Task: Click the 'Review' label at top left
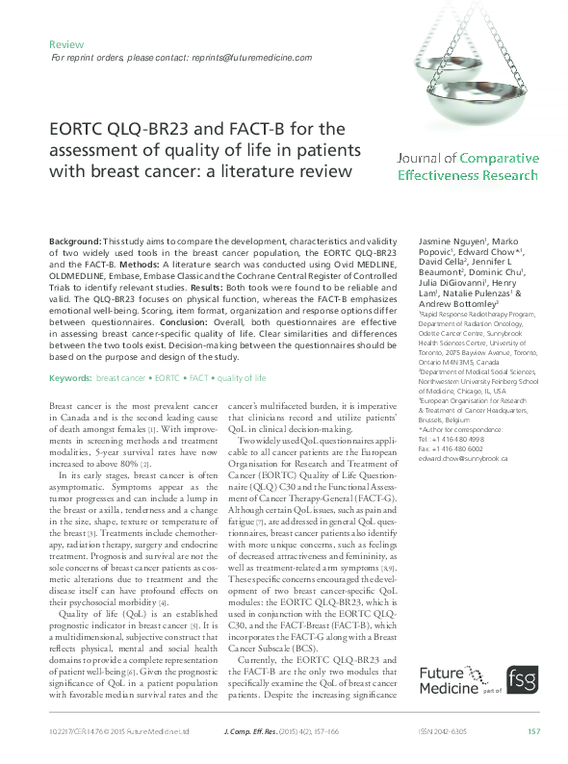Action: pyautogui.click(x=66, y=44)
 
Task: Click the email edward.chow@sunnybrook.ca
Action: pyautogui.click(x=463, y=459)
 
